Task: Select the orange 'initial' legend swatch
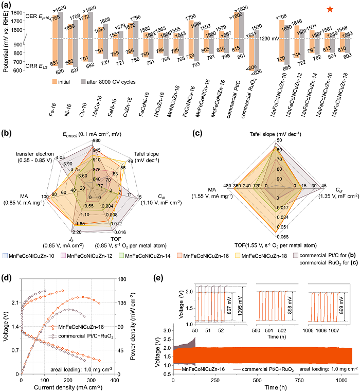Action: pos(55,81)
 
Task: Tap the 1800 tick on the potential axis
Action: pos(30,13)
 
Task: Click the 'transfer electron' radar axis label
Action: pos(32,155)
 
